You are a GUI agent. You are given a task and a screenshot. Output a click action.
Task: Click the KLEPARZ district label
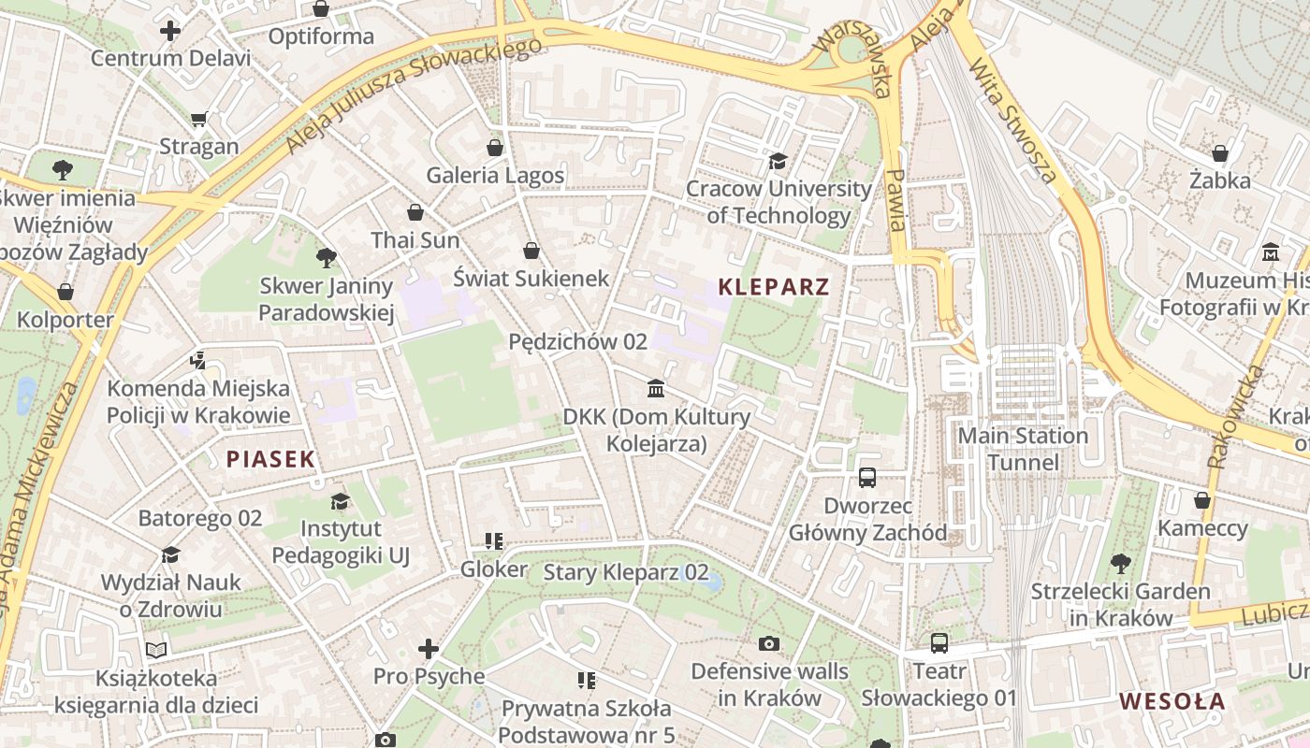[774, 287]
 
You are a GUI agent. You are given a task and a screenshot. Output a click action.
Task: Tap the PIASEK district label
[270, 459]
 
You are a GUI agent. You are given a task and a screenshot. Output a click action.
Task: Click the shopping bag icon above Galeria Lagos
[495, 148]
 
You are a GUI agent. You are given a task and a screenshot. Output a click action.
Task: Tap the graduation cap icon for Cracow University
[778, 162]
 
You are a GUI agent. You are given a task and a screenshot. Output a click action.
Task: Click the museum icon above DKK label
[656, 388]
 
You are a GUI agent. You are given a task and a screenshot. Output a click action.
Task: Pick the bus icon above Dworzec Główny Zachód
[867, 478]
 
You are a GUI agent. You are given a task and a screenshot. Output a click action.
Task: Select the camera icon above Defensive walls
[769, 643]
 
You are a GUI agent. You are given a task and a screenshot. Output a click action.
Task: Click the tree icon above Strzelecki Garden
[1120, 563]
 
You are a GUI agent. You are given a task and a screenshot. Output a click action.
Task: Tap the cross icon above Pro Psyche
[429, 648]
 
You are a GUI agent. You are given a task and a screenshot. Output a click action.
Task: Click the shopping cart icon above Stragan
[198, 119]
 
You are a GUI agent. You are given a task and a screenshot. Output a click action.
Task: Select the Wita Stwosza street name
[1013, 121]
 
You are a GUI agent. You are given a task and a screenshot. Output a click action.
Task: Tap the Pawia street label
[896, 200]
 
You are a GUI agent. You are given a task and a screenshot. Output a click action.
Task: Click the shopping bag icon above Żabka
[1220, 152]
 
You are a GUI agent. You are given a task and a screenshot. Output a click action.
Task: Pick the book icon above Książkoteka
[156, 650]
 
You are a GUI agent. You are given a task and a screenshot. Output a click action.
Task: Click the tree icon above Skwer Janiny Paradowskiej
[326, 257]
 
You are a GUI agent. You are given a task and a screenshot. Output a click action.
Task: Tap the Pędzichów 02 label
[577, 341]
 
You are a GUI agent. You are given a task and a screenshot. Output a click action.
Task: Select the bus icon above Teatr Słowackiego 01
[939, 643]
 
